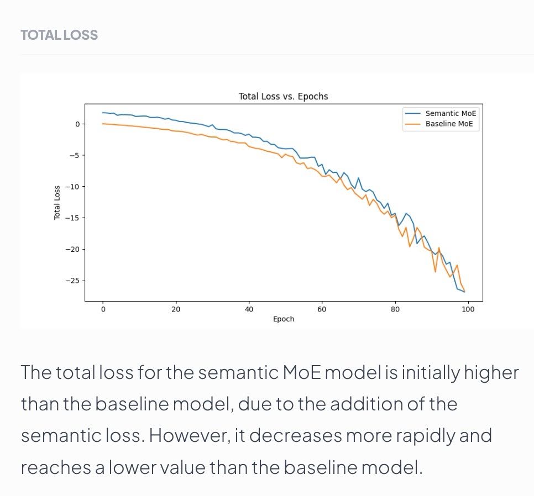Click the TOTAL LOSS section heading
tap(59, 35)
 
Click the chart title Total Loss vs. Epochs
tap(283, 97)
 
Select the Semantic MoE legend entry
tap(451, 113)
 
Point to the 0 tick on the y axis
tap(78, 124)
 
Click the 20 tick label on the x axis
tap(176, 309)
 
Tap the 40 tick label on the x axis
tap(249, 309)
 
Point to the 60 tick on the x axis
tap(322, 309)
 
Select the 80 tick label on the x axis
tap(395, 309)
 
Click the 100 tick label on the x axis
tap(468, 309)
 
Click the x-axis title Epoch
tap(284, 319)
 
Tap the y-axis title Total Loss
tap(57, 202)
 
